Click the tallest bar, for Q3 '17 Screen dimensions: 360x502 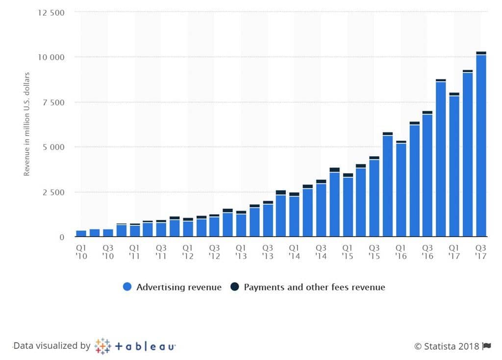pyautogui.click(x=481, y=144)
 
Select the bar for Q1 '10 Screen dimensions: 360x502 pyautogui.click(x=81, y=234)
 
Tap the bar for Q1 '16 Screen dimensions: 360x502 pyautogui.click(x=401, y=189)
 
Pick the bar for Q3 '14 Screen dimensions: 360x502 pyautogui.click(x=321, y=209)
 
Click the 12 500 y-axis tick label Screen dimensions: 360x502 pyautogui.click(x=50, y=12)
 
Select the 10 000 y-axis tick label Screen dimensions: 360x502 pyautogui.click(x=50, y=57)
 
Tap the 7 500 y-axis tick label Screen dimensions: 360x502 pyautogui.click(x=53, y=102)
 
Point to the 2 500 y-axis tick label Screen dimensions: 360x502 pyautogui.click(x=53, y=192)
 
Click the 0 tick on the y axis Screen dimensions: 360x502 pyautogui.click(x=62, y=237)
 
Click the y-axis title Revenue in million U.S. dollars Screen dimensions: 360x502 pyautogui.click(x=27, y=124)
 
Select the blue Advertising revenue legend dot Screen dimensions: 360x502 pyautogui.click(x=127, y=288)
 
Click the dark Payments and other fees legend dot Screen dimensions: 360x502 pyautogui.click(x=235, y=288)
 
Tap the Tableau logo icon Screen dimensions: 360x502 pyautogui.click(x=102, y=346)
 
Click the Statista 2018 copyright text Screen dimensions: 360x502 pyautogui.click(x=447, y=346)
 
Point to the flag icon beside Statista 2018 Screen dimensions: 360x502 pyautogui.click(x=487, y=346)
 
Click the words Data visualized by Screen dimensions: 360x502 pyautogui.click(x=52, y=346)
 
